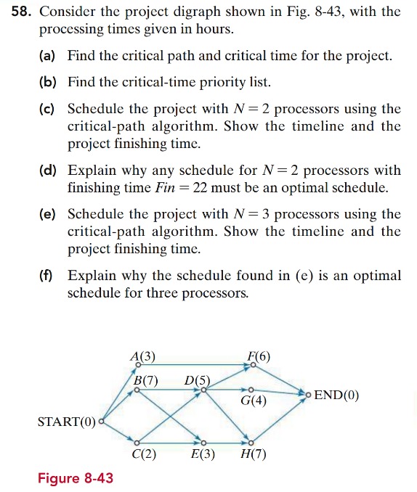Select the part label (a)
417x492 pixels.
point(50,57)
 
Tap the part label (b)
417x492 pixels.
point(50,83)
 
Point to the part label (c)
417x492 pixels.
point(50,110)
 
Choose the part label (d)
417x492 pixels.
point(50,171)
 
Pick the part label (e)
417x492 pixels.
point(50,215)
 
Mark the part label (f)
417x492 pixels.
point(50,276)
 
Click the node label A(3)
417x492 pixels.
point(142,356)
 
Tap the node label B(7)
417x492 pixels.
point(145,380)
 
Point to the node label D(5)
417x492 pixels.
point(197,380)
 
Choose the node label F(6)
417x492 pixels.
point(258,356)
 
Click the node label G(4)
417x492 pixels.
point(254,400)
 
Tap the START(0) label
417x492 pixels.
point(66,422)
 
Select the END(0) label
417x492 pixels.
point(336,396)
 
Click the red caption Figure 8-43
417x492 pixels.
point(76,479)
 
